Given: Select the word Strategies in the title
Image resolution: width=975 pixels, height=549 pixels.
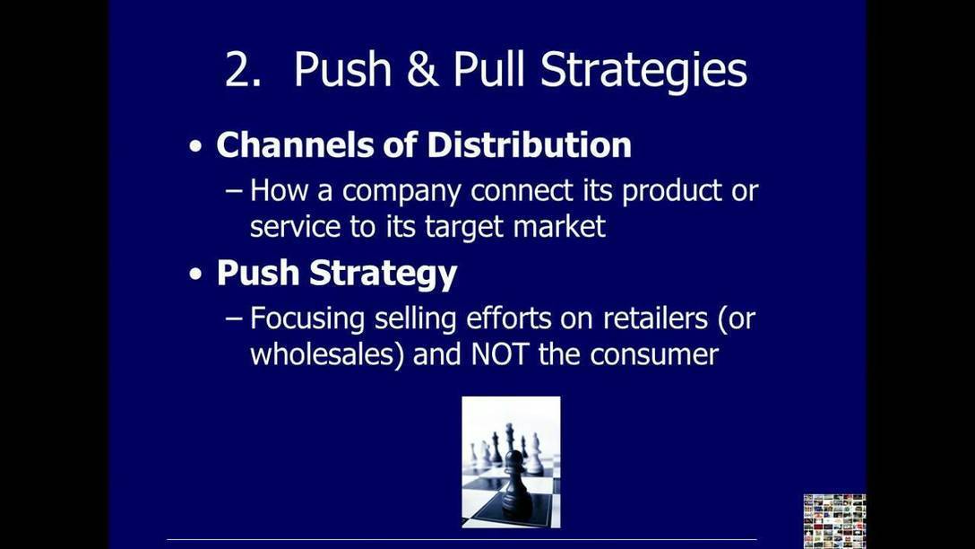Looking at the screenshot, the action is (x=643, y=71).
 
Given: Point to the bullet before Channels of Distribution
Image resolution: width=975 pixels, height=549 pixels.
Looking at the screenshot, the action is (x=196, y=147).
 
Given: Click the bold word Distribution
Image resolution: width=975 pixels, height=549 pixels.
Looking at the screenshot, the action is (x=529, y=144).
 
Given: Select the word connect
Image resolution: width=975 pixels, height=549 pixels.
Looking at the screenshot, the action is (x=521, y=190).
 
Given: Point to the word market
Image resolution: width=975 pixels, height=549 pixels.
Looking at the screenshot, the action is (x=559, y=226).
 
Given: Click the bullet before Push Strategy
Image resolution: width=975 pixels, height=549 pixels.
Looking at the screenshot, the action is (x=196, y=274).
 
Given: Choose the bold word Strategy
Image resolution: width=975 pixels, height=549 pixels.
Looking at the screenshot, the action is (x=383, y=274).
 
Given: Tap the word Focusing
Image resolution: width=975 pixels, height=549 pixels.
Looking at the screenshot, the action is (x=307, y=320).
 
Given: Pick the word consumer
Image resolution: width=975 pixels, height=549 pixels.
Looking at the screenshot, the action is (x=654, y=356).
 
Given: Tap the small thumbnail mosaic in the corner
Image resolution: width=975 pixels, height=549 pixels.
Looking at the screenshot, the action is (x=834, y=521).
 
